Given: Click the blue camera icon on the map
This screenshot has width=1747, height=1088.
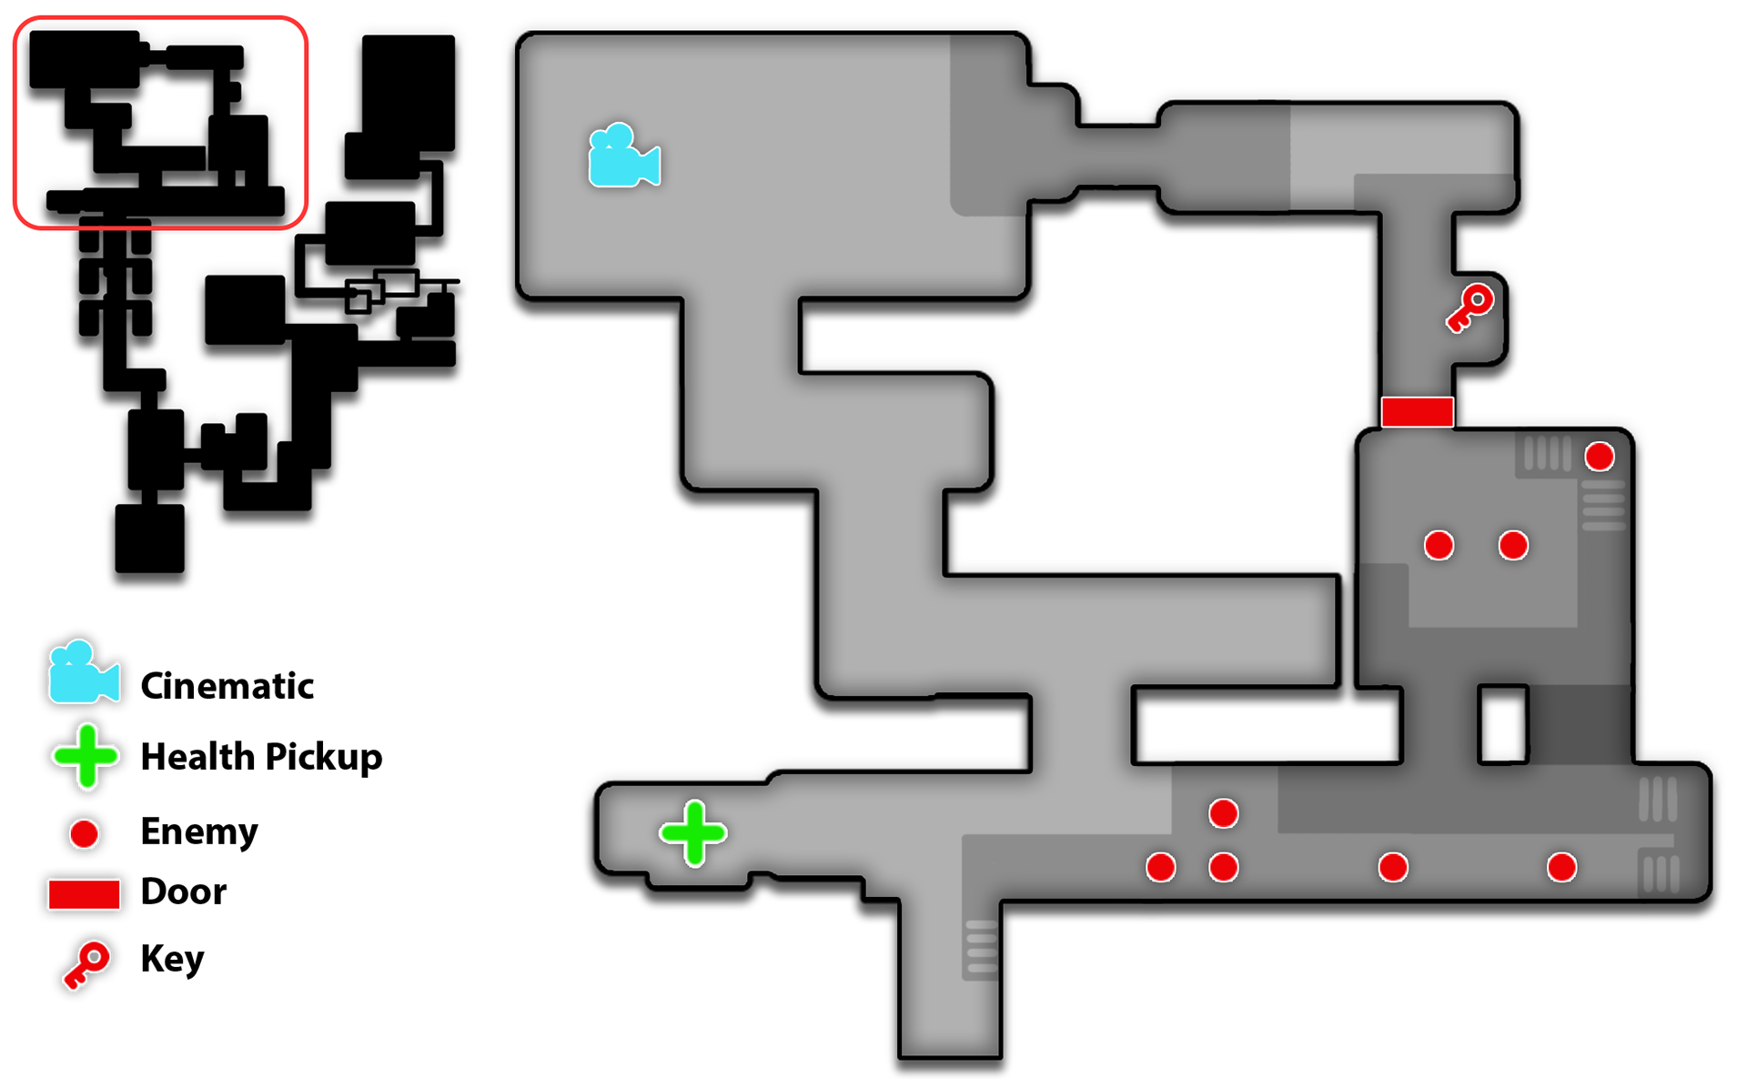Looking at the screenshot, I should tap(624, 156).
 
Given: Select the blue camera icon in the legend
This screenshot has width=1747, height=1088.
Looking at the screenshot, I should tap(84, 672).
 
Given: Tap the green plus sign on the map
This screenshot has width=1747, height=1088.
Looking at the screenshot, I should tap(693, 832).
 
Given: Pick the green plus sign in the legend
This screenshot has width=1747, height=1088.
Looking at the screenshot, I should tap(86, 755).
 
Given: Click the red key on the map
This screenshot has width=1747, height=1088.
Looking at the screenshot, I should tap(1469, 307).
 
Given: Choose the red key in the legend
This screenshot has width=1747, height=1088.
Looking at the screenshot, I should tap(86, 965).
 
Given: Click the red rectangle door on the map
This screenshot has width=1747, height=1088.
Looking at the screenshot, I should tap(1417, 411).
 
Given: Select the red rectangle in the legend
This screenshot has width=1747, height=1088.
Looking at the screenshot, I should tap(84, 894).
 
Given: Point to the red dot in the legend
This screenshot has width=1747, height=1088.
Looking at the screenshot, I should tap(85, 833).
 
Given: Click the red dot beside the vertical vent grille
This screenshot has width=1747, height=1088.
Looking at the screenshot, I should tap(1600, 456).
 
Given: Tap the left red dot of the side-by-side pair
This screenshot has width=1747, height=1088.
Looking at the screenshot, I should tap(1439, 545).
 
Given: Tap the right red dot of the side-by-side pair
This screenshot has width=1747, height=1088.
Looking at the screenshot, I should tap(1513, 545).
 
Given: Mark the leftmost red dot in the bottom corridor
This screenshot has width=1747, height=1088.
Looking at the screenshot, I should tap(1160, 867).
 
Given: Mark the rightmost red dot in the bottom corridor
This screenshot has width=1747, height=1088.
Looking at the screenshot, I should tap(1561, 867).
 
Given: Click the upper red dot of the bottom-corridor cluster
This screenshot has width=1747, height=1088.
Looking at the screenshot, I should tap(1223, 813).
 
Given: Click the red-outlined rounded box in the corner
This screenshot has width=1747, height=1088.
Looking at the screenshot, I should tap(161, 122).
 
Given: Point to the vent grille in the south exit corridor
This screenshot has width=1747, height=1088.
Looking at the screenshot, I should tap(981, 947).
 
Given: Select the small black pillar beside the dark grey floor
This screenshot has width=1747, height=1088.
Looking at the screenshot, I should tap(1502, 724).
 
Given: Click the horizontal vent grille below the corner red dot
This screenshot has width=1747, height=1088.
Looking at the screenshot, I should tap(1603, 506).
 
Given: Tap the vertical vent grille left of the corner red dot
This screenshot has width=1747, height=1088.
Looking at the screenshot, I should tap(1547, 453).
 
